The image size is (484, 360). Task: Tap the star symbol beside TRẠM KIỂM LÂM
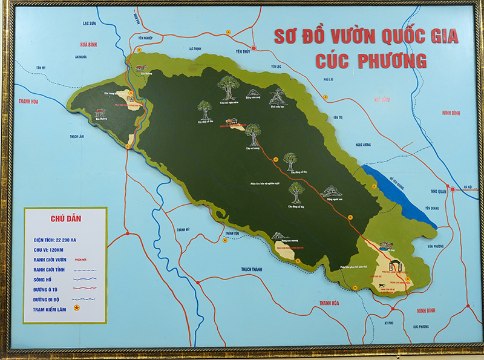click(x=77, y=308)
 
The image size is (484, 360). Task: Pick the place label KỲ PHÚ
click(x=388, y=323)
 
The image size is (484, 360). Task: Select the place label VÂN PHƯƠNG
click(x=435, y=246)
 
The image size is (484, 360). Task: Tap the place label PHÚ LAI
click(x=329, y=79)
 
